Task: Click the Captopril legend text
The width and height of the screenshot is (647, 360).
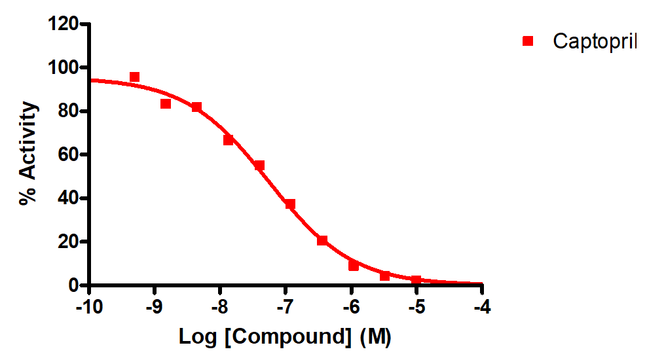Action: coord(595,41)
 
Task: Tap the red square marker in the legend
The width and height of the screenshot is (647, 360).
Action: coord(528,41)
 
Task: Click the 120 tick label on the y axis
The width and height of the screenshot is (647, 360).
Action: coord(64,24)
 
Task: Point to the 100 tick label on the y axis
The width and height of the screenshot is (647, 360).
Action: coord(64,68)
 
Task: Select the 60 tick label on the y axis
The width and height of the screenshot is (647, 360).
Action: coord(68,155)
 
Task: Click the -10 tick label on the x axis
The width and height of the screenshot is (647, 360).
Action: coord(89,306)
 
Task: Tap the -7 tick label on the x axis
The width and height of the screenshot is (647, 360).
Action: coord(285,306)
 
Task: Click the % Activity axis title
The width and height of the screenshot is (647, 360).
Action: coord(28,154)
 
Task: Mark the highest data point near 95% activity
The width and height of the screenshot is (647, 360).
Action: coord(134,77)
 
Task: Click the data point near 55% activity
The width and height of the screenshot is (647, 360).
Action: coord(259,166)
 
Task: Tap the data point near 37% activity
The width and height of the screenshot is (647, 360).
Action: coord(290,204)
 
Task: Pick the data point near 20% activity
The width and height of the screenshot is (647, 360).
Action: coord(322,241)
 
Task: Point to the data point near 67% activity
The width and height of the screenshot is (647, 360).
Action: coord(229,140)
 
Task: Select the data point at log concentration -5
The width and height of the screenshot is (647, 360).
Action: coord(416,280)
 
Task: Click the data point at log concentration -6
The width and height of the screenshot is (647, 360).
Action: coord(354,266)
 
